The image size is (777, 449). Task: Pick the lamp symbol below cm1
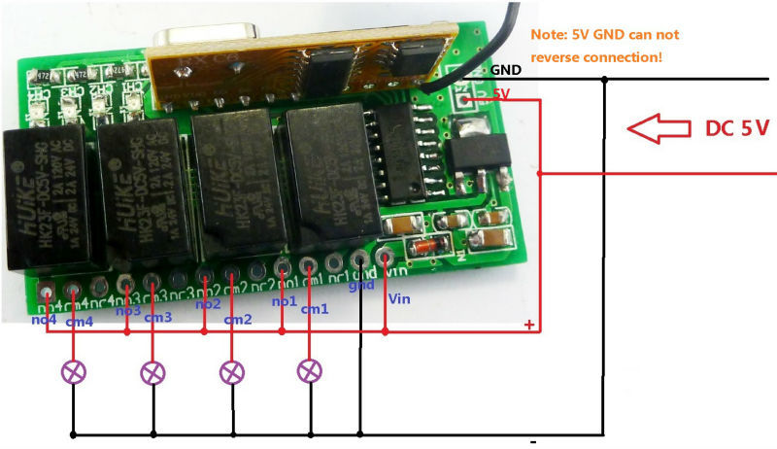coord(310,370)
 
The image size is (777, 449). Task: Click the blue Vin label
coord(399,299)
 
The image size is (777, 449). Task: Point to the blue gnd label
coord(360,287)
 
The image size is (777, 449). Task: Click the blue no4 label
coord(45,318)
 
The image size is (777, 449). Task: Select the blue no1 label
coord(283,301)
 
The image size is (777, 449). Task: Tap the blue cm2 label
coord(236,318)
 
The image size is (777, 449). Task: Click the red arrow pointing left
coord(657,126)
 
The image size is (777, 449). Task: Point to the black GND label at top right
coord(506,70)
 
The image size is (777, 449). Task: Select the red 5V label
coord(501,93)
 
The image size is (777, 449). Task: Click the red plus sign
coord(530,325)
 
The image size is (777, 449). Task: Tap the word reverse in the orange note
coord(555,57)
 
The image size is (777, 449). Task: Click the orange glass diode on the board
coord(424,248)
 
